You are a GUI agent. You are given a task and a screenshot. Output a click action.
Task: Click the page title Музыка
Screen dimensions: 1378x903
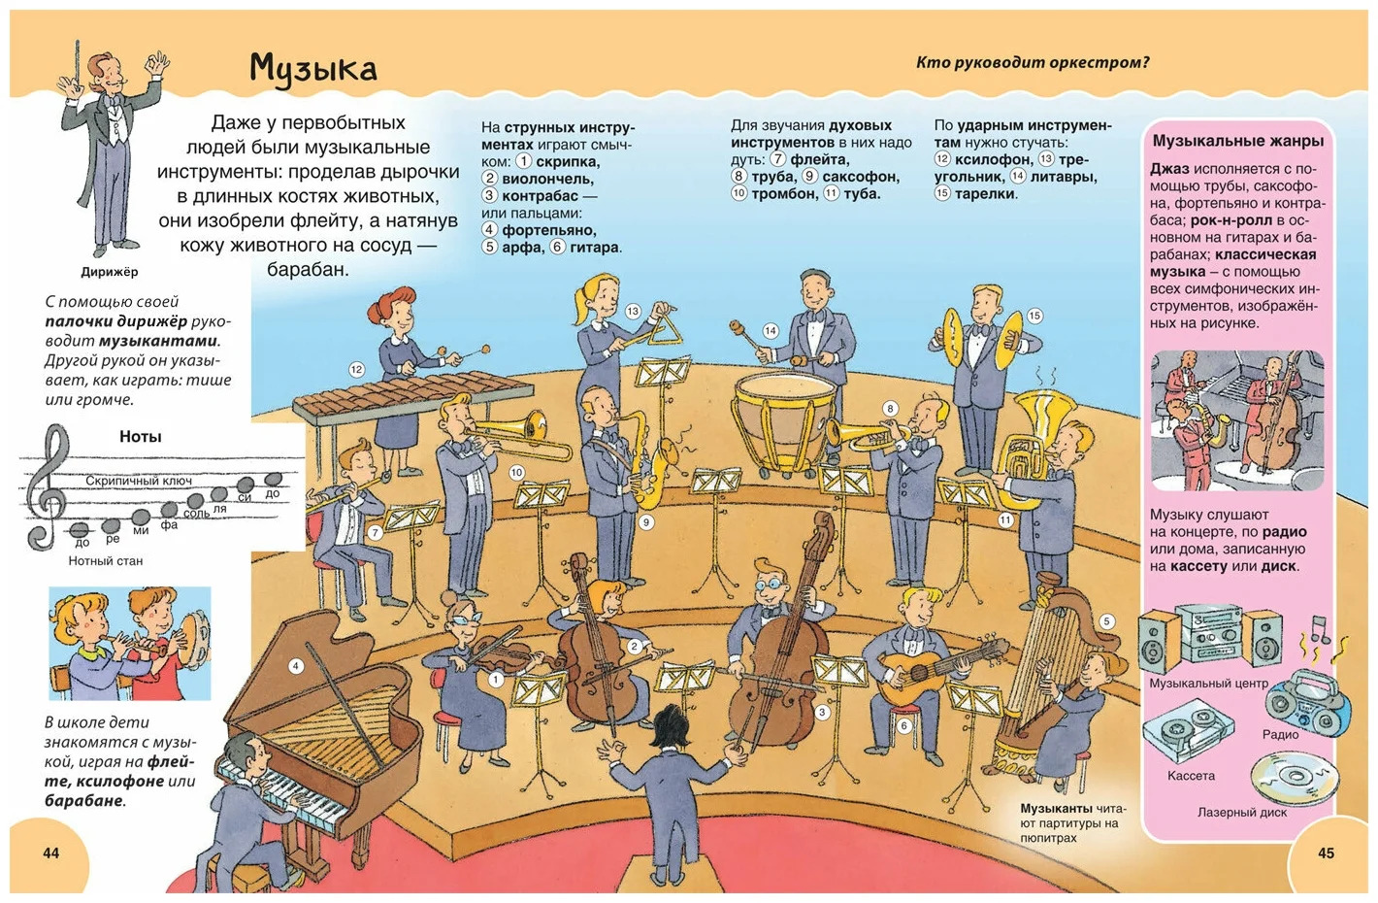(312, 68)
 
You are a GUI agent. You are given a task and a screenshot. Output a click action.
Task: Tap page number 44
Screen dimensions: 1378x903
(51, 853)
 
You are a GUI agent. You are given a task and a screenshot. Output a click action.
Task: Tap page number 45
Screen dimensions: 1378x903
(1326, 853)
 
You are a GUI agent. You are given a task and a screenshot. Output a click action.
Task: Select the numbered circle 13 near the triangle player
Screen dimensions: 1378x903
(633, 312)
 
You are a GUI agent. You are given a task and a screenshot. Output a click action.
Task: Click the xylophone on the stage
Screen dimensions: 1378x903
(412, 397)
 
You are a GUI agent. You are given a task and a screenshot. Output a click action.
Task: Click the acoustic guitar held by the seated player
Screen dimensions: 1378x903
(941, 670)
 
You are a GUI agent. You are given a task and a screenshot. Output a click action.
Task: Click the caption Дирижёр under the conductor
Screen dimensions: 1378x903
(110, 272)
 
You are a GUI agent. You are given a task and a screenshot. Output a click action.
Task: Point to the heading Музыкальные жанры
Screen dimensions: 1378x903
(1237, 141)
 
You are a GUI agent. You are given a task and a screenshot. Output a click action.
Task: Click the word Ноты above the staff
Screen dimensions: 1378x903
(141, 436)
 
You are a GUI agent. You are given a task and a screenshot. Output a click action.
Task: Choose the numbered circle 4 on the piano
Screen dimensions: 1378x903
(296, 666)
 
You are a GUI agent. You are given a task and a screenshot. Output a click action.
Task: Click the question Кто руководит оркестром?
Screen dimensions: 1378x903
(1033, 63)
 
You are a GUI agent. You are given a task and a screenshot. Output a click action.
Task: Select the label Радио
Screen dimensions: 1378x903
(1281, 734)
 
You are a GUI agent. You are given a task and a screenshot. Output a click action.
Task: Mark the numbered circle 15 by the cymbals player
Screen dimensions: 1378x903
(1034, 316)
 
